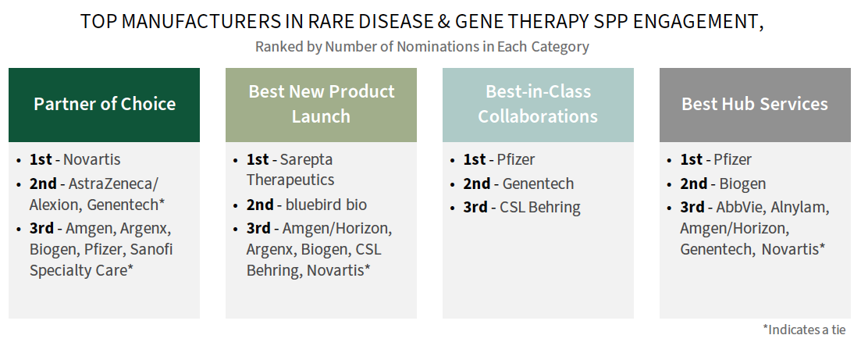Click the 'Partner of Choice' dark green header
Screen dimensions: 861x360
point(105,105)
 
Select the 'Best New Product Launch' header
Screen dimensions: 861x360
point(322,105)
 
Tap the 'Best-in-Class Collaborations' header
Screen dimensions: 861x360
point(538,105)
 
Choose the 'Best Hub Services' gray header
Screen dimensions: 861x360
point(755,105)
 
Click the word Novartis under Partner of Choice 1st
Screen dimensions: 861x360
point(91,160)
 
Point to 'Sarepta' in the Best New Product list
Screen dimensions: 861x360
point(307,160)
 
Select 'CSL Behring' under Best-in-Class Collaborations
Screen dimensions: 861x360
point(539,208)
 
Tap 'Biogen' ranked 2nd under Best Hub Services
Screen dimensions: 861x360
point(742,184)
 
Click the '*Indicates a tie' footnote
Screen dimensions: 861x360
point(805,330)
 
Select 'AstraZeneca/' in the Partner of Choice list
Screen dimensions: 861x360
point(113,184)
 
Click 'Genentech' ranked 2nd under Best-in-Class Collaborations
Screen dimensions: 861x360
point(538,184)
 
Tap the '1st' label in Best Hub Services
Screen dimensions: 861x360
point(692,160)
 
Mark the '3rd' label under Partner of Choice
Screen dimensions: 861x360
point(41,228)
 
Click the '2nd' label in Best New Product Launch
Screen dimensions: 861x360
point(260,205)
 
